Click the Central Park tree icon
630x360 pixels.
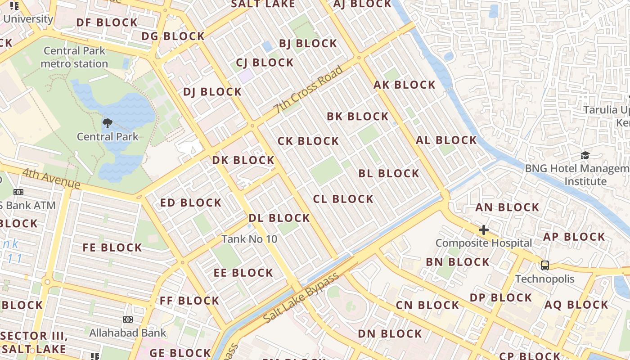(x=108, y=123)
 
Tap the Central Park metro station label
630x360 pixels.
(x=74, y=57)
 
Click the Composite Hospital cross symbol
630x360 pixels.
(x=484, y=230)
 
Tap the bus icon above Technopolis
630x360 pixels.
(x=545, y=265)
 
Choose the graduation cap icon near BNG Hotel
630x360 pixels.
(x=585, y=156)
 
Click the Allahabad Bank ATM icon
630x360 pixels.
(x=128, y=319)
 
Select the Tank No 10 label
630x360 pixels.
(x=249, y=239)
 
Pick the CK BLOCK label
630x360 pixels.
(x=308, y=141)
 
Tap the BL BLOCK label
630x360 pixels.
(x=389, y=173)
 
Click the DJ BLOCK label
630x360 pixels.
(x=212, y=92)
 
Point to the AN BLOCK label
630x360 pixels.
(x=507, y=207)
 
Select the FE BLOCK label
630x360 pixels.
(x=112, y=247)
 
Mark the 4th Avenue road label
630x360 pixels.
(x=51, y=179)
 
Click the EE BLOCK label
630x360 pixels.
(x=243, y=273)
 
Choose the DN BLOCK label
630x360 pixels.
(x=390, y=334)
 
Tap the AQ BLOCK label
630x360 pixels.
(x=576, y=305)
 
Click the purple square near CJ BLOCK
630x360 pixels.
(x=246, y=76)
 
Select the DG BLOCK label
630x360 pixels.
(x=173, y=36)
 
